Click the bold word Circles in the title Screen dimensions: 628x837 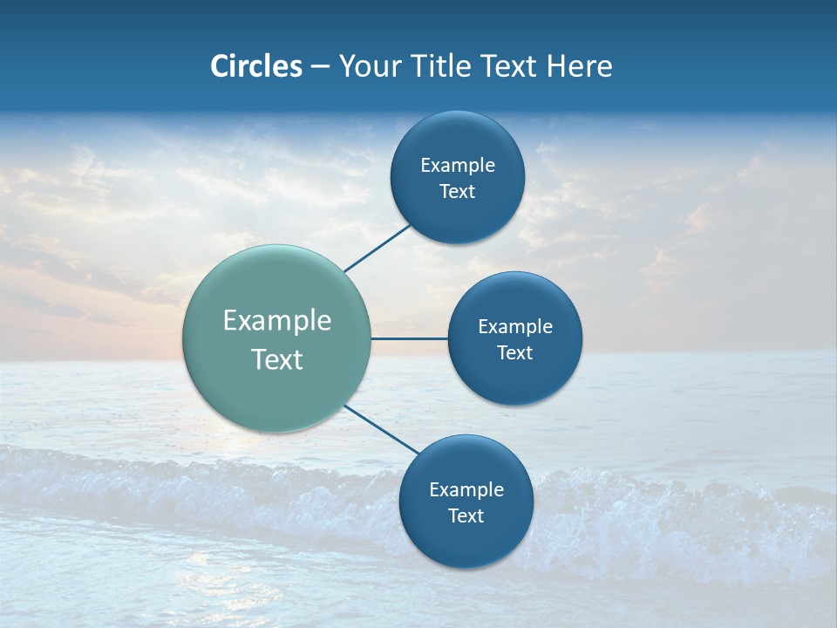(x=255, y=66)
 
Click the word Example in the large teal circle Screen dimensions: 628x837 (x=277, y=321)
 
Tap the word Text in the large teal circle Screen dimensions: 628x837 (x=277, y=359)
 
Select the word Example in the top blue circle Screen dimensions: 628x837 (x=458, y=166)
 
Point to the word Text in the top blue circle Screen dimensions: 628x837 (x=458, y=192)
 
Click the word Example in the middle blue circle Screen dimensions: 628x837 (x=515, y=327)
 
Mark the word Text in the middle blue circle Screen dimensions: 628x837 (x=515, y=353)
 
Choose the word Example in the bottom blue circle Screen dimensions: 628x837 (x=466, y=490)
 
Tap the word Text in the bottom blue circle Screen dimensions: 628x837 (x=466, y=516)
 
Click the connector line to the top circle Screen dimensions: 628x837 (x=377, y=248)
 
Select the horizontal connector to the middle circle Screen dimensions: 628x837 (x=409, y=338)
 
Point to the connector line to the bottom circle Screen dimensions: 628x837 (x=381, y=428)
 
